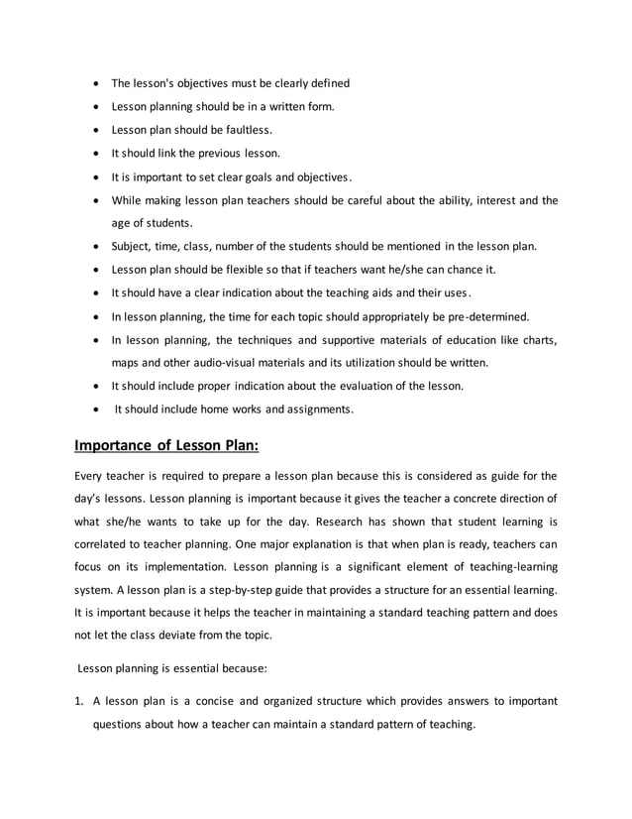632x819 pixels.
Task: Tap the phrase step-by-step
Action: coord(224,592)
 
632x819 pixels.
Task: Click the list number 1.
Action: coord(78,700)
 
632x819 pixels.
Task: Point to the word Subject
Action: coord(133,246)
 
